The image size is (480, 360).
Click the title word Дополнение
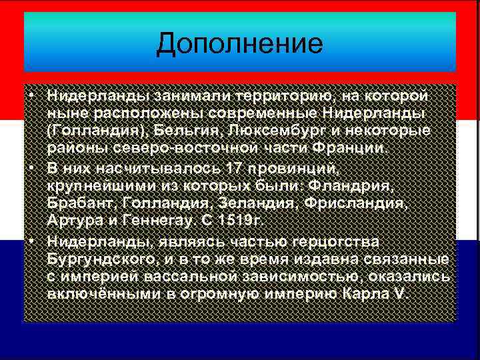point(239,44)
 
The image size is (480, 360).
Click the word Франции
point(361,147)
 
